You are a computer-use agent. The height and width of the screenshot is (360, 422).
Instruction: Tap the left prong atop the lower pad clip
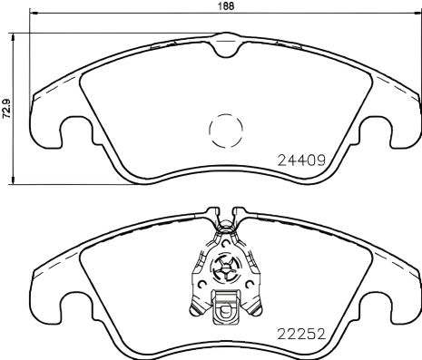pyautogui.click(x=215, y=212)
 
